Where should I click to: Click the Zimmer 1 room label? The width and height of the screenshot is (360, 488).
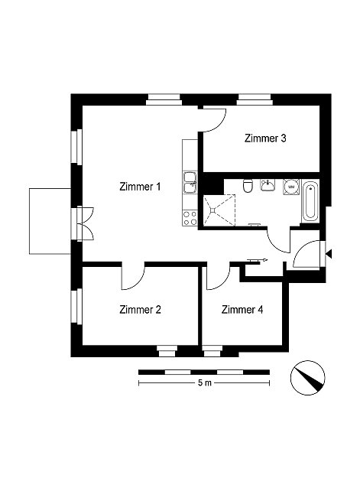click(x=140, y=187)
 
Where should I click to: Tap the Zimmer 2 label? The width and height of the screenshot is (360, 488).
click(x=140, y=310)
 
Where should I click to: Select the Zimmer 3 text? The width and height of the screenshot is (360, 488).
click(x=265, y=138)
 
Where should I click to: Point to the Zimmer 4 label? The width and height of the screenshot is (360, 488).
click(x=242, y=310)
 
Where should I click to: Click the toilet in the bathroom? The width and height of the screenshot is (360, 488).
click(x=248, y=186)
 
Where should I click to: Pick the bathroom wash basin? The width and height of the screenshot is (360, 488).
click(x=268, y=185)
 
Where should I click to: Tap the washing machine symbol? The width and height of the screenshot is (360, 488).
click(x=291, y=187)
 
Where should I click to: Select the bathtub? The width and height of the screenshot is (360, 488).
click(x=310, y=201)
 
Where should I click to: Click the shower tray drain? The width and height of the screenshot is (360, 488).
click(x=212, y=210)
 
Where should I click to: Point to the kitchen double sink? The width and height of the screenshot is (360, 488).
click(x=190, y=183)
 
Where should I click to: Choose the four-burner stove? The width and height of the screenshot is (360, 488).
click(x=190, y=218)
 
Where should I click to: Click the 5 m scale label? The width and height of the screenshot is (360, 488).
click(x=205, y=382)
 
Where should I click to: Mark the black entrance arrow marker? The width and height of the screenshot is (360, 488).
click(x=329, y=254)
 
